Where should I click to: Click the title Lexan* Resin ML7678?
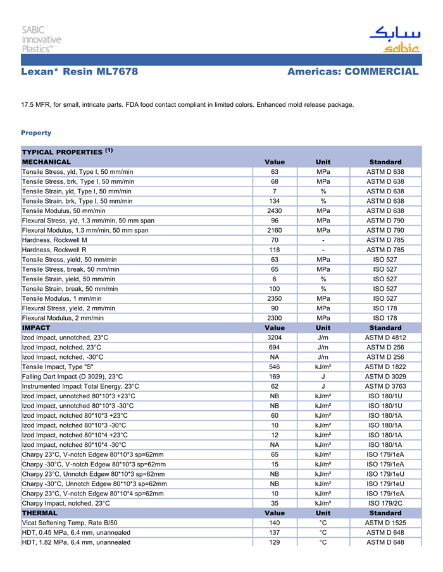click(x=79, y=72)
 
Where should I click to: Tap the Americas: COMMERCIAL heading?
click(x=353, y=72)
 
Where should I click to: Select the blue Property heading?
click(x=36, y=133)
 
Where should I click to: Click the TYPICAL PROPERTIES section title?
click(x=61, y=152)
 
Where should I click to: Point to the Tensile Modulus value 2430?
click(x=275, y=210)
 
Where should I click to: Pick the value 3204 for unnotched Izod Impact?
click(x=275, y=338)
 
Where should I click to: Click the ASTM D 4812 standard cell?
click(x=385, y=338)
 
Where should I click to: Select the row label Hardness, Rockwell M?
click(x=54, y=240)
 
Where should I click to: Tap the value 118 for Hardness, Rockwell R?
click(x=275, y=250)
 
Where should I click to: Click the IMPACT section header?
click(x=36, y=328)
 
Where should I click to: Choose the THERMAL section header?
click(x=40, y=513)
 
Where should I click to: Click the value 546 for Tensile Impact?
click(x=275, y=367)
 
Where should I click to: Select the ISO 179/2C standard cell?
click(x=385, y=503)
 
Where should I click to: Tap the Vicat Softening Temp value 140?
click(x=275, y=523)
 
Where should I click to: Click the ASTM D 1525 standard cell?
click(x=385, y=523)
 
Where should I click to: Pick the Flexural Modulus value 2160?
click(x=275, y=230)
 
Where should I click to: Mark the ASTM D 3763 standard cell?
click(x=385, y=386)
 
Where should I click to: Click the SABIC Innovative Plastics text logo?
click(x=42, y=39)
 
